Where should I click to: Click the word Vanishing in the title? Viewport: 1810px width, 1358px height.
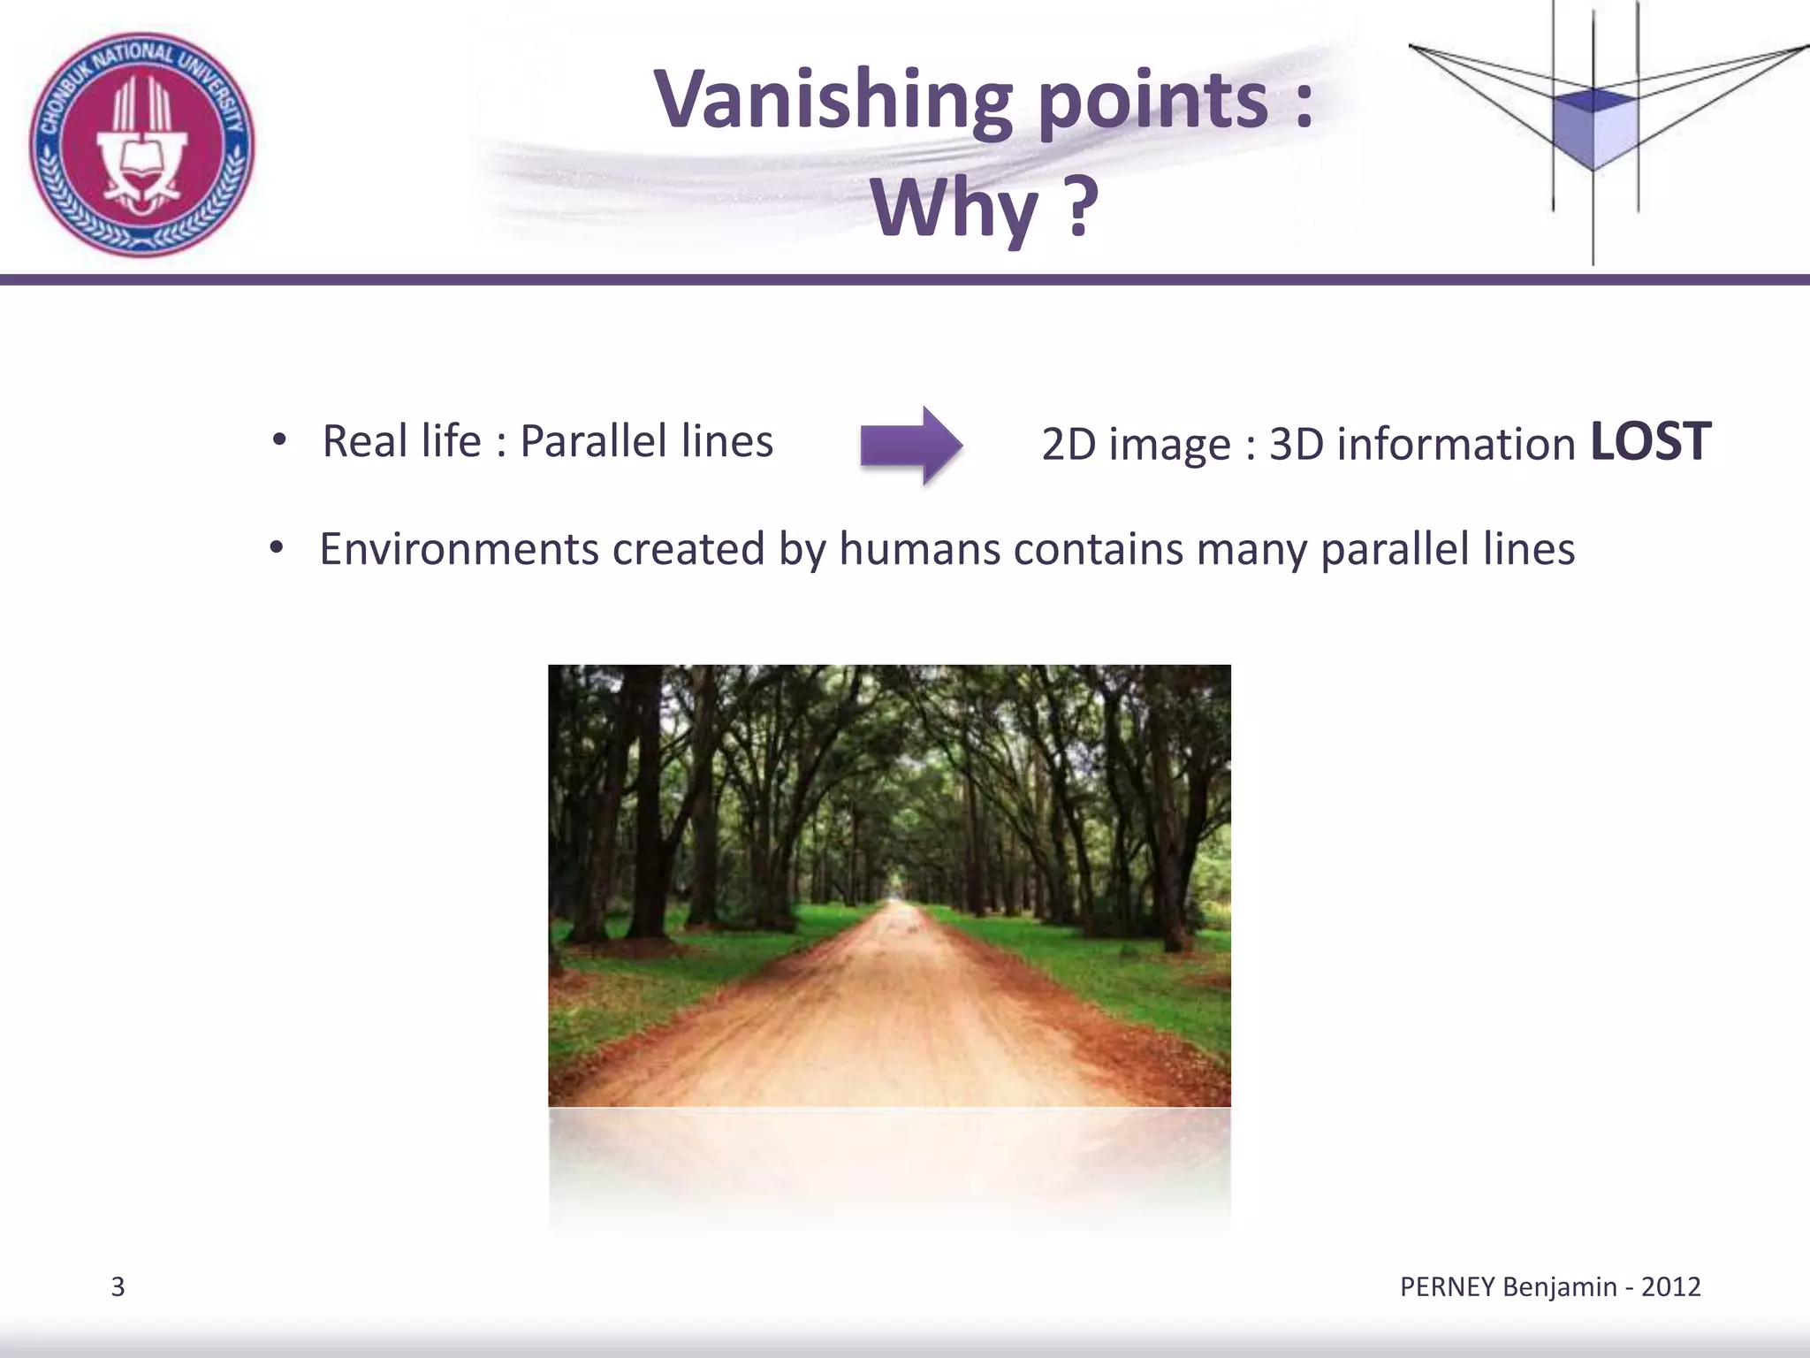pos(833,100)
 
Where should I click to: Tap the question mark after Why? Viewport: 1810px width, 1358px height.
pos(1078,209)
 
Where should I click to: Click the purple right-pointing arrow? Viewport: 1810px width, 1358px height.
pos(911,445)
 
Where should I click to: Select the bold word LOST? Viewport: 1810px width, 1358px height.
pos(1650,441)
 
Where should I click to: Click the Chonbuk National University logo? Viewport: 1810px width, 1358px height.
pos(141,144)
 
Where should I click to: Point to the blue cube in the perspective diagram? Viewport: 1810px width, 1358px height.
pos(1594,128)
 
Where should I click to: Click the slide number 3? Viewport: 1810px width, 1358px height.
pos(118,1287)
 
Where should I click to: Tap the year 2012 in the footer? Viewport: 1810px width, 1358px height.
pos(1670,1286)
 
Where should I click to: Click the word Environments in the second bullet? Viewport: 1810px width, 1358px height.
pos(459,549)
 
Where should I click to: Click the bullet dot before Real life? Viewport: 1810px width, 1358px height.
pos(279,440)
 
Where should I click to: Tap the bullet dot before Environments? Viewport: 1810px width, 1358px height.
pos(277,549)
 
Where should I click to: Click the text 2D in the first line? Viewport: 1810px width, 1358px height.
pos(1068,444)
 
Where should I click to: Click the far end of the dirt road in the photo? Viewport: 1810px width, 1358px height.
pos(899,904)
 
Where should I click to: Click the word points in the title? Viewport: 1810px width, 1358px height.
pos(1152,100)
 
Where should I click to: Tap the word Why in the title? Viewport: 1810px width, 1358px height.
pos(954,209)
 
